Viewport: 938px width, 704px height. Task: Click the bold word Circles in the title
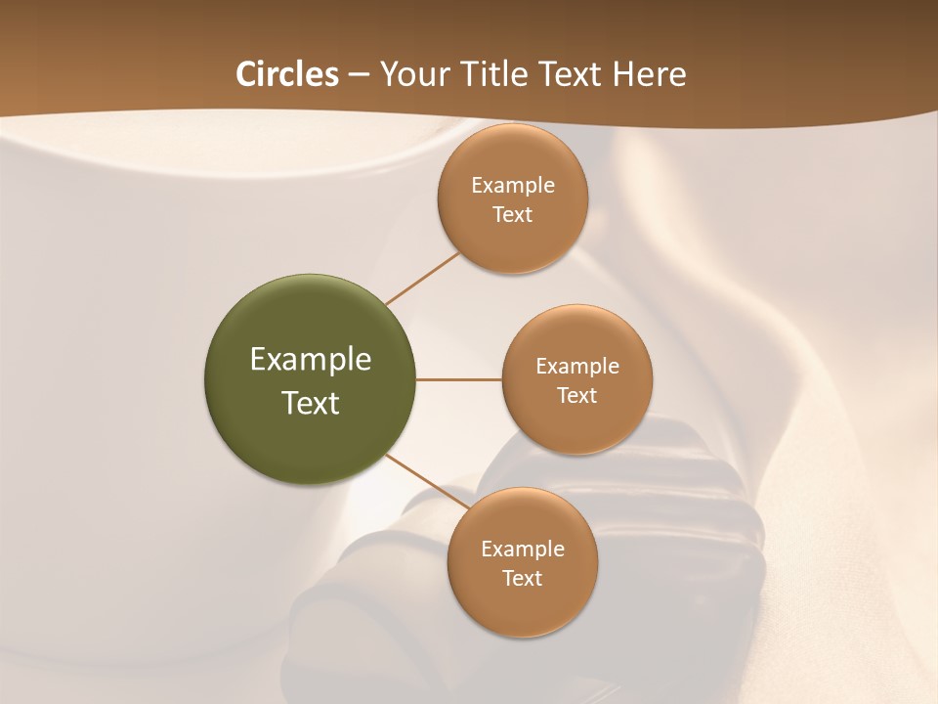(x=286, y=74)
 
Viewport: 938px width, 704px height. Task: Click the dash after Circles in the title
(x=359, y=75)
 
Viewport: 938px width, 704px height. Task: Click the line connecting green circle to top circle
(x=422, y=278)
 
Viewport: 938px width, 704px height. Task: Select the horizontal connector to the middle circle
(x=459, y=379)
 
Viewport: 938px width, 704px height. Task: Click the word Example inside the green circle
(x=311, y=360)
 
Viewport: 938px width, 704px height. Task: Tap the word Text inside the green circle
(x=311, y=403)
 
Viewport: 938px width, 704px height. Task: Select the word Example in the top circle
(x=513, y=186)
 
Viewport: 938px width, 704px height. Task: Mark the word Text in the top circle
(x=513, y=215)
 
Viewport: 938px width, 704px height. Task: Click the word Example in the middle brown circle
(x=577, y=367)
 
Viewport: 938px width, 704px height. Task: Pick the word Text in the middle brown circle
(x=577, y=396)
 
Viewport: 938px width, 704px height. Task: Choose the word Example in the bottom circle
(x=523, y=550)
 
